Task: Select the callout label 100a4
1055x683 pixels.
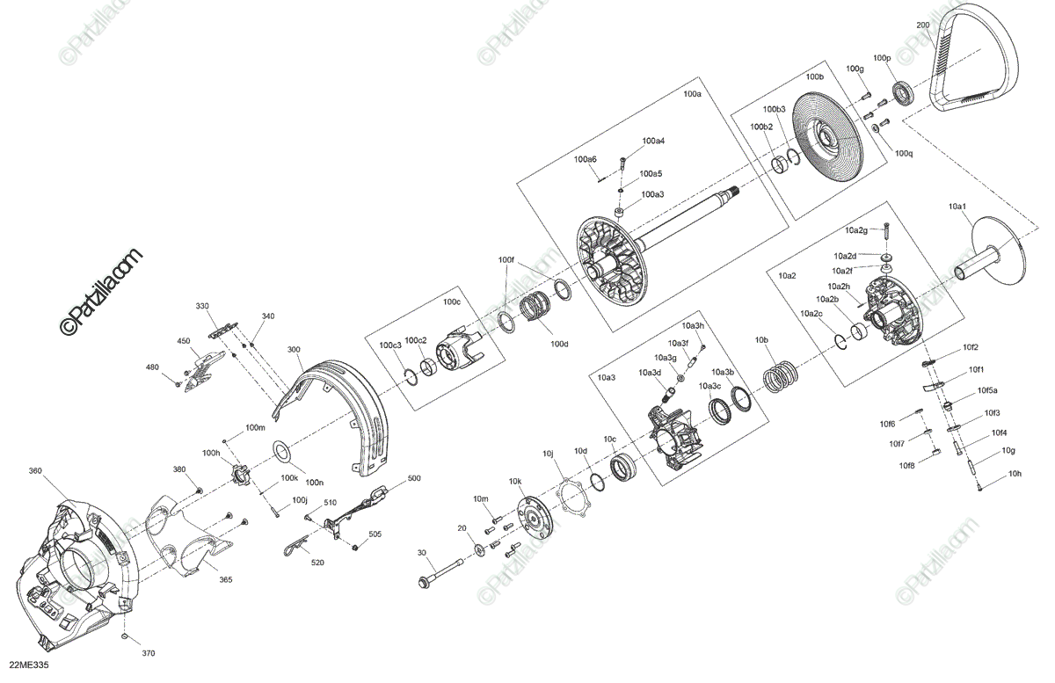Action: tap(653, 141)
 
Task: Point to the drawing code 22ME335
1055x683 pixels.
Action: tap(29, 665)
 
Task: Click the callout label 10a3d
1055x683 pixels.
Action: tap(650, 373)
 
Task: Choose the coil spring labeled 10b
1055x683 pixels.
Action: tap(780, 377)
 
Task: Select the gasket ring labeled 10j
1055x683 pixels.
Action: tap(571, 498)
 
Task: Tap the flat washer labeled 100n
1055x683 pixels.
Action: tap(282, 453)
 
